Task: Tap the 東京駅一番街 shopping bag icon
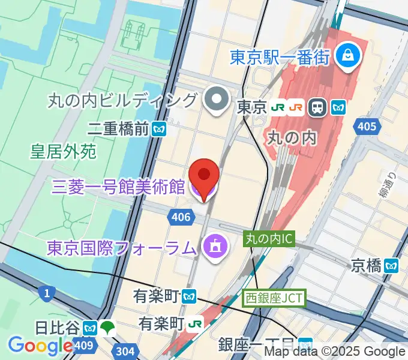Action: tap(347, 57)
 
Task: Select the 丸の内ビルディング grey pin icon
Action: tap(215, 100)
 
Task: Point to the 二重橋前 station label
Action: tap(119, 128)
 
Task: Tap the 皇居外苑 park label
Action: tap(64, 151)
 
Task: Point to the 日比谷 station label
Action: tap(57, 328)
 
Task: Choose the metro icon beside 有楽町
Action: tap(190, 296)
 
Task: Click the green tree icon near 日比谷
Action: tap(108, 328)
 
